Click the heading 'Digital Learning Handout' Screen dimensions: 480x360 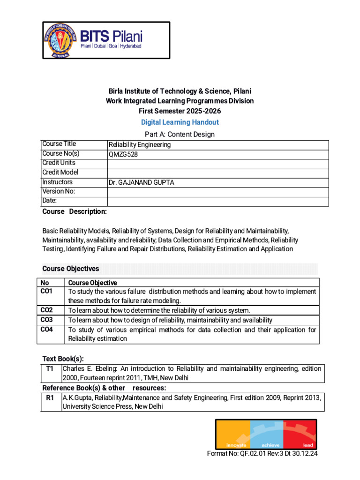point(180,122)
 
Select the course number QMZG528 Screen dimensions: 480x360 point(123,154)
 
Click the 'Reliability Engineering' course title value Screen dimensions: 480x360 point(140,145)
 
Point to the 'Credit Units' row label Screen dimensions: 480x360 point(59,163)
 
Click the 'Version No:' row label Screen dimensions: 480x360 point(59,191)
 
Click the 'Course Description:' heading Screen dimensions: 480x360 point(75,211)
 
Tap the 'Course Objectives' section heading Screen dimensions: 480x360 point(71,269)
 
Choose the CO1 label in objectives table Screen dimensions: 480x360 point(47,292)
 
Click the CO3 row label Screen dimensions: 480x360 point(47,320)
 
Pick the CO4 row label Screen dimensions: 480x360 point(47,330)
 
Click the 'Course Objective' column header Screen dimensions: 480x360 point(93,283)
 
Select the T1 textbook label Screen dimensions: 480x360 point(50,369)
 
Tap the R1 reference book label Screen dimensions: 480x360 point(50,397)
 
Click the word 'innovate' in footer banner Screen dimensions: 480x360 point(236,445)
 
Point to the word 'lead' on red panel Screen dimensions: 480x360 point(308,445)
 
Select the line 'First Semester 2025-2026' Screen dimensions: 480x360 point(180,111)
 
